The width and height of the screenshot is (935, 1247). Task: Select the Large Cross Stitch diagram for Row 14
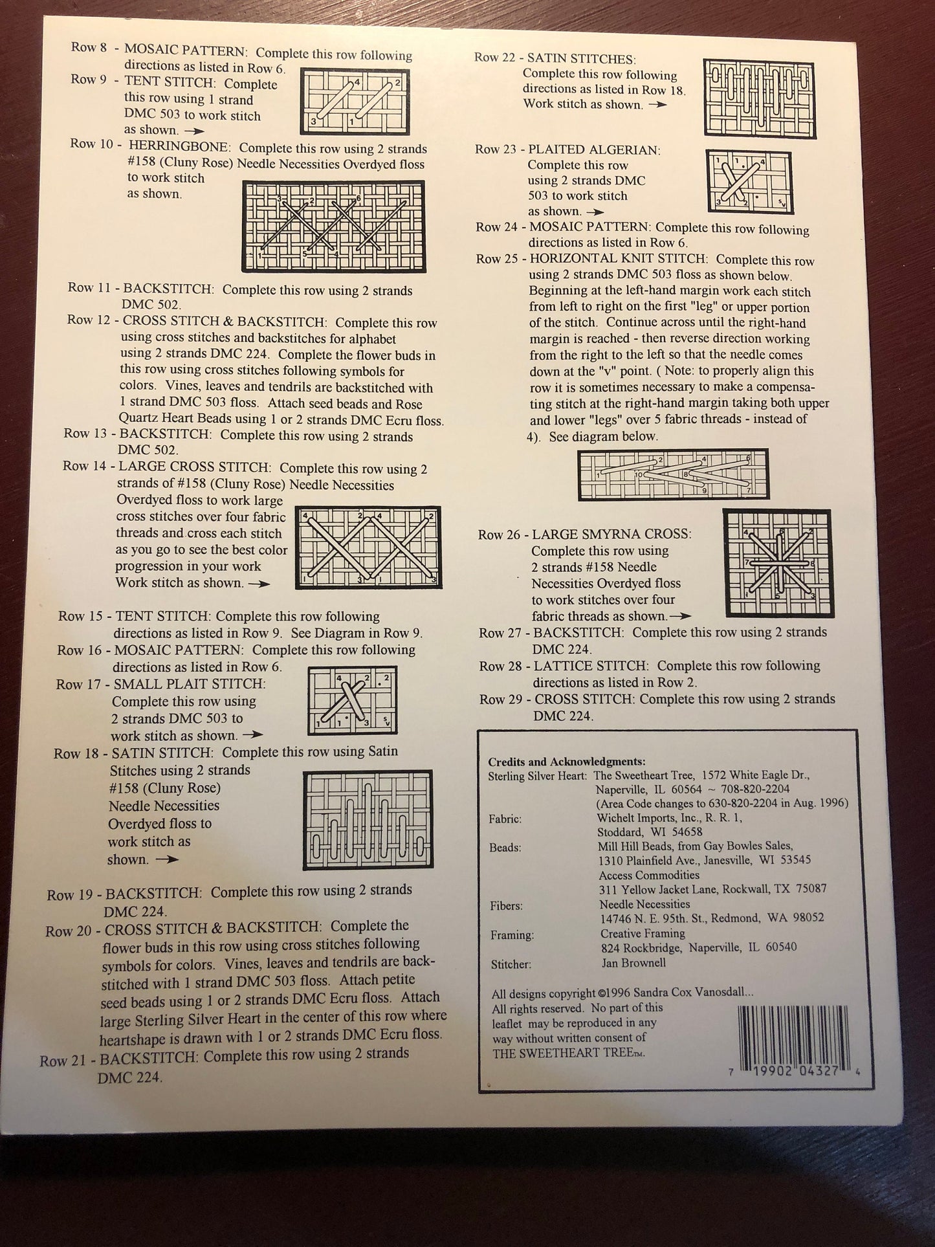pos(368,547)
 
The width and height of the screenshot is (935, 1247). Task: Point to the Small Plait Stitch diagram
pos(351,700)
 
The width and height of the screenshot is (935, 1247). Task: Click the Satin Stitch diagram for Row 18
pos(368,821)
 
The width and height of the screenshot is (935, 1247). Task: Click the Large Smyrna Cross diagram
pos(776,563)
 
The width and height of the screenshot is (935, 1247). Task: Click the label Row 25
pos(497,259)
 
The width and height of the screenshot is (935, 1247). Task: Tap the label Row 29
pos(501,700)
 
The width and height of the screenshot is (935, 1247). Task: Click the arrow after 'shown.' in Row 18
pos(167,860)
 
